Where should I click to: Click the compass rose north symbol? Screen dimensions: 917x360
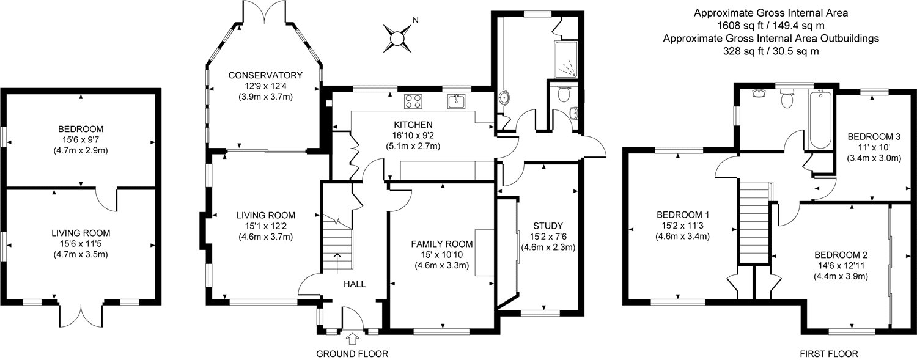397,38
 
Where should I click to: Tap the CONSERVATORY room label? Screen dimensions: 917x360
265,75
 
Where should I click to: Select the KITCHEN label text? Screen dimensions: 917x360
413,124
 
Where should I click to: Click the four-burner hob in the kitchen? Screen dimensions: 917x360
413,101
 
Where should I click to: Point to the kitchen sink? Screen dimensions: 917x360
456,101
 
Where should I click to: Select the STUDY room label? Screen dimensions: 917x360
548,226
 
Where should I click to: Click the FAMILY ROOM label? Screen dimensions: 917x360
442,244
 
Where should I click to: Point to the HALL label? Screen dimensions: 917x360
355,284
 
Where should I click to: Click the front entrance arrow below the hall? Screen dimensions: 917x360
352,339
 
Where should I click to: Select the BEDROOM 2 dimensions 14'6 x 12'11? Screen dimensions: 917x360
841,265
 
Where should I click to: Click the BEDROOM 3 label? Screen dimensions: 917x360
874,137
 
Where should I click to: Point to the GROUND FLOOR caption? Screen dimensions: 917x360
352,354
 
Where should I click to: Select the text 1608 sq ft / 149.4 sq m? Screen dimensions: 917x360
771,26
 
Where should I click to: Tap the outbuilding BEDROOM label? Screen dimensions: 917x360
81,130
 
